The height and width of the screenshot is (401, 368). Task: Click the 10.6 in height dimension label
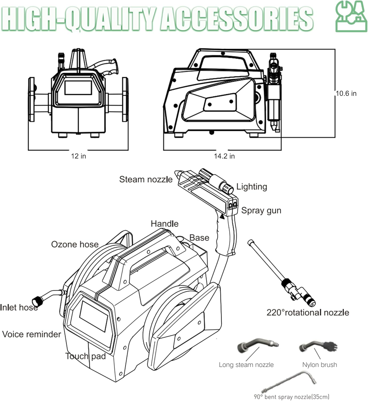[x=346, y=94]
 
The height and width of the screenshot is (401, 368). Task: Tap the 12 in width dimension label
[x=78, y=156]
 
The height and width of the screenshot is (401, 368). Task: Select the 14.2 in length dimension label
[x=224, y=156]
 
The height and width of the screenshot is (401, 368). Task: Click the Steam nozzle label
[x=146, y=179]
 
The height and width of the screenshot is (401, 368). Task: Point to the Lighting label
[x=252, y=187]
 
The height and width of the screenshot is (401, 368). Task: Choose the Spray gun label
[x=261, y=210]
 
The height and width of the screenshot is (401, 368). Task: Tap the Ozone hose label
[x=75, y=244]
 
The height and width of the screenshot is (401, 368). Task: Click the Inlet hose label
[x=19, y=307]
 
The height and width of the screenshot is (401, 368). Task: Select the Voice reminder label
[x=32, y=334]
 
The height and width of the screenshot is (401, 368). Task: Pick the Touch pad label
[x=85, y=356]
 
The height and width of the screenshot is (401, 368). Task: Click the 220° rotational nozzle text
[x=308, y=313]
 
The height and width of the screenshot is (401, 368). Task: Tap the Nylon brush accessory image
[x=318, y=346]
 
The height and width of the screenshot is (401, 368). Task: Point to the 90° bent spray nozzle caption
[x=291, y=397]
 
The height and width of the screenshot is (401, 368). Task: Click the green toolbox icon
[x=351, y=17]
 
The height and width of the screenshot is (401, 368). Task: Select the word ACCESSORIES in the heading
[x=237, y=19]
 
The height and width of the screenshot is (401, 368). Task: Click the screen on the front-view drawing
[x=78, y=87]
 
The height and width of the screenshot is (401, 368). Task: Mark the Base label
[x=199, y=238]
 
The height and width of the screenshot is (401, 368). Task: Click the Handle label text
[x=165, y=224]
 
